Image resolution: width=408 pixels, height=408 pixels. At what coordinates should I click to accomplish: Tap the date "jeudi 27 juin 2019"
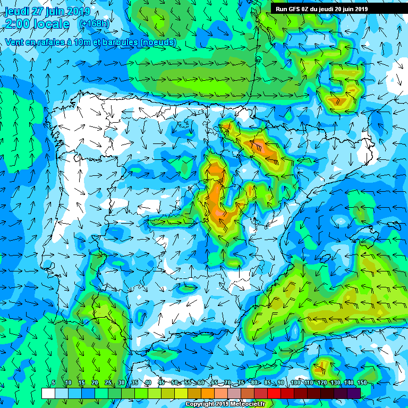[x=47, y=11]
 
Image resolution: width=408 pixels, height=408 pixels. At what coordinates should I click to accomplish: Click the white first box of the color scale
[x=48, y=393]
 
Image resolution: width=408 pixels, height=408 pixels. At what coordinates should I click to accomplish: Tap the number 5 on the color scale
[x=54, y=383]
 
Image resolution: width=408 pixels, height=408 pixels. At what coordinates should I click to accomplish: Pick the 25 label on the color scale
[x=108, y=383]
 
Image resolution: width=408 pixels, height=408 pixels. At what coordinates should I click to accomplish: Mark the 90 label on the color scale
[x=281, y=383]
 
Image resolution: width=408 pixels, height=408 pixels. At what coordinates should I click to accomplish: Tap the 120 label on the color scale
[x=321, y=383]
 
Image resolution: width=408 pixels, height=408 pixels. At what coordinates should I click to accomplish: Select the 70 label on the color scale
[x=227, y=383]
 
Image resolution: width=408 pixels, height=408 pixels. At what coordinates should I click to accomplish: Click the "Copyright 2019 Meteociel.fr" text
[x=225, y=404]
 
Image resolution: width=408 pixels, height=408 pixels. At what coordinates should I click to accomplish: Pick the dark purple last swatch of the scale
[x=354, y=393]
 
